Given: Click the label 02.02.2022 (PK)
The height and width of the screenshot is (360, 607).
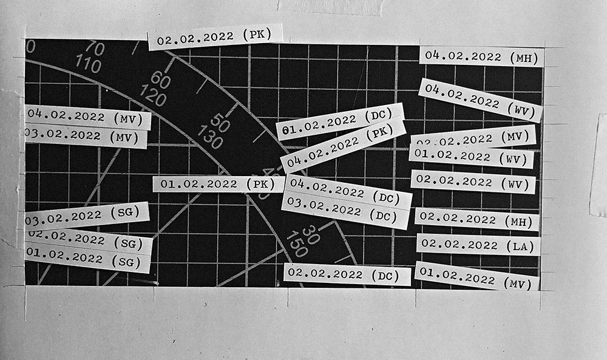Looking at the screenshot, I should (x=215, y=38).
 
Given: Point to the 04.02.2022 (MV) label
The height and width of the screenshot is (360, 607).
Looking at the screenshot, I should (x=88, y=116).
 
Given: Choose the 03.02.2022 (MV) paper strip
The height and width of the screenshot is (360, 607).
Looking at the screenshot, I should (x=86, y=136).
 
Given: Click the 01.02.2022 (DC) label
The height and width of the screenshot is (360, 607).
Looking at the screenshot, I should (x=340, y=121).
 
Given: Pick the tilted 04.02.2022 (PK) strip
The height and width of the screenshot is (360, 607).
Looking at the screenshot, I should (x=343, y=145).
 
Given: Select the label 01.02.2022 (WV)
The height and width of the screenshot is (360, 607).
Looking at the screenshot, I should (x=472, y=156).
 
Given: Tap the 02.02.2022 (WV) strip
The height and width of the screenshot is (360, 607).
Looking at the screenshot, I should (x=473, y=181).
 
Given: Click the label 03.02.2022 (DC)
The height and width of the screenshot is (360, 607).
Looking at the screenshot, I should (x=345, y=211).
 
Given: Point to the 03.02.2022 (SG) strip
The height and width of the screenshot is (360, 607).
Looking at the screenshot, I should (x=87, y=215).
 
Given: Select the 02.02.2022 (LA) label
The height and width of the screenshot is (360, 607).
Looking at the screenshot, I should (x=478, y=245).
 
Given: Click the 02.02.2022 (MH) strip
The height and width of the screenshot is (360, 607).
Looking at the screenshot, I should (x=476, y=219).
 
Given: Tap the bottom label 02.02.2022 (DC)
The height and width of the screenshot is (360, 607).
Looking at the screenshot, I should (x=347, y=274).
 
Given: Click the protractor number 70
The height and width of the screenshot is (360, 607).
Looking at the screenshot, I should (x=95, y=48).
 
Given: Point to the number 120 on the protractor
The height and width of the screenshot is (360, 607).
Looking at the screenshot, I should (x=152, y=95).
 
